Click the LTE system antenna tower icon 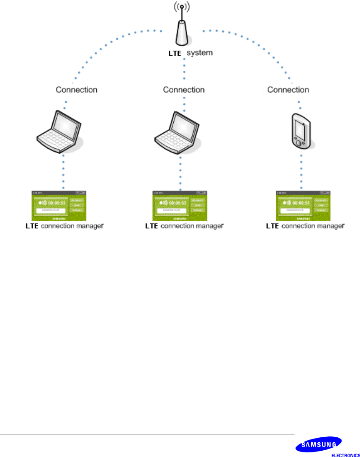pyautogui.click(x=182, y=34)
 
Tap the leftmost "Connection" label pyautogui.click(x=77, y=90)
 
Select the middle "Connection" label pyautogui.click(x=184, y=90)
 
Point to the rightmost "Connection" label pyautogui.click(x=288, y=90)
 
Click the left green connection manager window pyautogui.click(x=59, y=206)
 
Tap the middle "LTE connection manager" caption pyautogui.click(x=183, y=226)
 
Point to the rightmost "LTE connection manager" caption pyautogui.click(x=305, y=226)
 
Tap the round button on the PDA pyautogui.click(x=299, y=143)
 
